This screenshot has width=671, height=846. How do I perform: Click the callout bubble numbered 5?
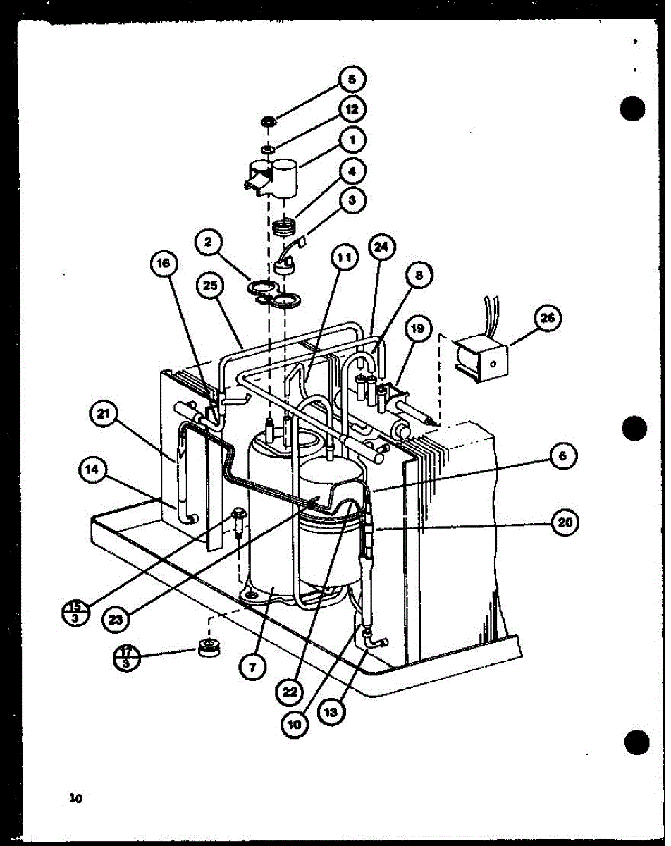tap(350, 79)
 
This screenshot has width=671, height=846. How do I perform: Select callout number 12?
tap(351, 109)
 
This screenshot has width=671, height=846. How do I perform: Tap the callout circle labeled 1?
tap(351, 140)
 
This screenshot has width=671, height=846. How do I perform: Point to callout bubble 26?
tap(547, 319)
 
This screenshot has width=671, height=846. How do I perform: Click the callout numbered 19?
tap(417, 329)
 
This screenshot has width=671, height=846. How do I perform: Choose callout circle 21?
tap(104, 415)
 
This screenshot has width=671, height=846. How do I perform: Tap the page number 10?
tap(75, 798)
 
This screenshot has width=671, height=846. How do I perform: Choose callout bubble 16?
tap(163, 264)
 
